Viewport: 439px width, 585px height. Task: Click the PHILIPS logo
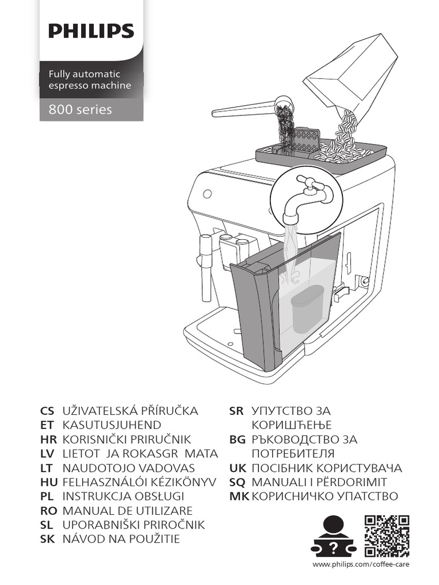[x=91, y=31]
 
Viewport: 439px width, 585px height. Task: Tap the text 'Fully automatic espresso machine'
[x=89, y=80]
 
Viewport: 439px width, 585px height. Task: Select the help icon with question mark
[x=333, y=536]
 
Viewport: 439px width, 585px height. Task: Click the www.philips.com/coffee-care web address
[x=361, y=565]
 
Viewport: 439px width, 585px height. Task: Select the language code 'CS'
[x=47, y=411]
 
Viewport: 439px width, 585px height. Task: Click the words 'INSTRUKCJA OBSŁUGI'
[x=123, y=496]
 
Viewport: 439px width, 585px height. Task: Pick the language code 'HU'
[x=48, y=482]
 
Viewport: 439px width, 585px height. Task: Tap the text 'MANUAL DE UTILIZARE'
[x=127, y=511]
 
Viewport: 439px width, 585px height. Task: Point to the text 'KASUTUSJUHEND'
[x=111, y=425]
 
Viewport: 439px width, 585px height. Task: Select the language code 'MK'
[x=238, y=496]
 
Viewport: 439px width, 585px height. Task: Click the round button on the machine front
[x=207, y=193]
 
